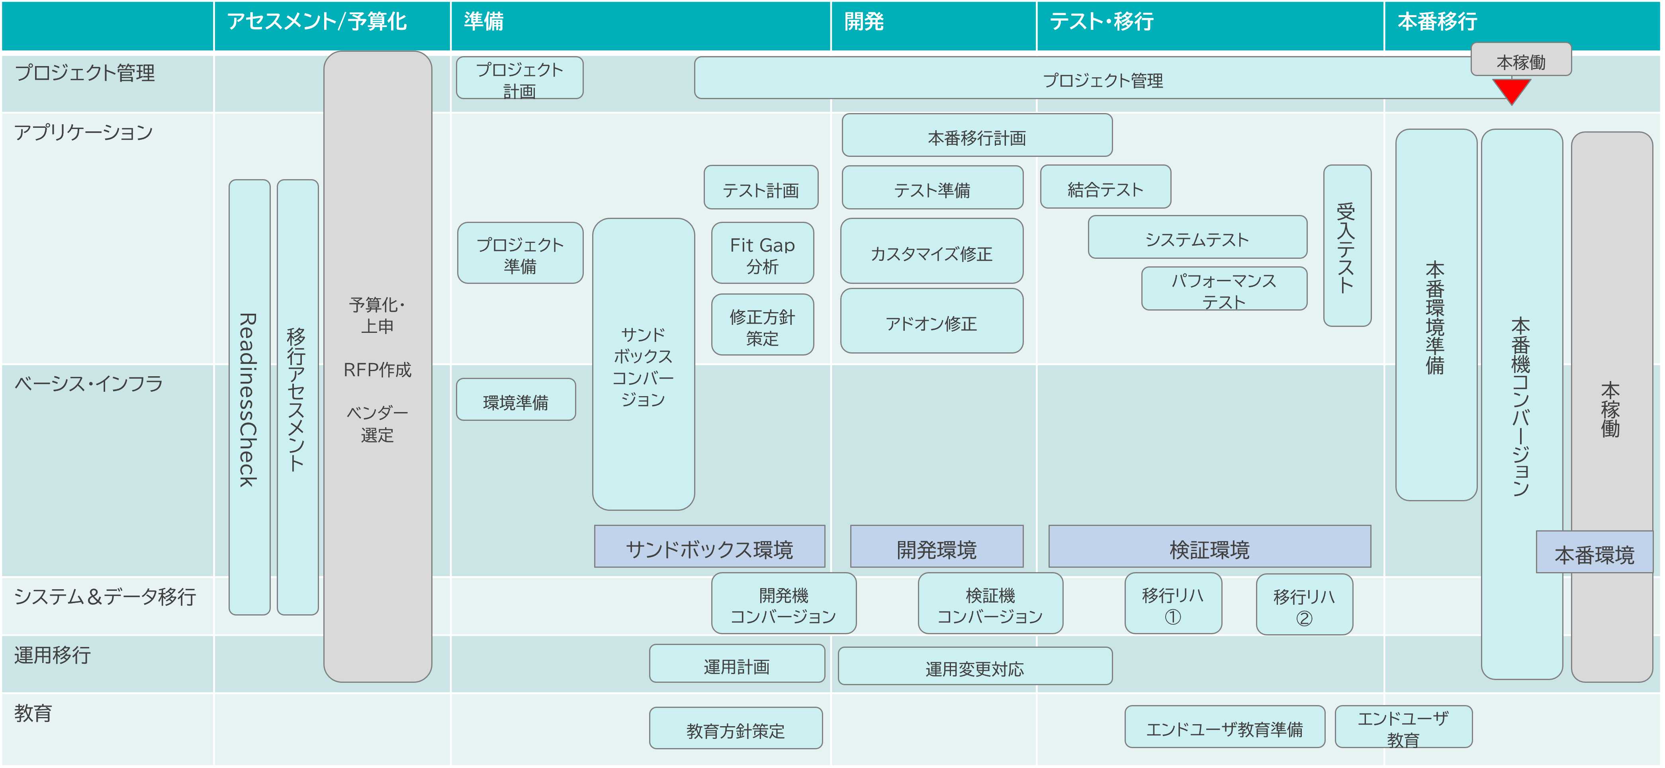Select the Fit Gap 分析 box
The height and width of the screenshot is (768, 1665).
pyautogui.click(x=762, y=254)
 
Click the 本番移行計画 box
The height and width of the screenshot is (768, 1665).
pyautogui.click(x=976, y=136)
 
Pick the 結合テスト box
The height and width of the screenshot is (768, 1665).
pyautogui.click(x=1105, y=188)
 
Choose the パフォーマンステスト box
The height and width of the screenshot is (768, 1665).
pyautogui.click(x=1223, y=289)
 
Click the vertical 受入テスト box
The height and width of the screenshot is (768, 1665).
pyautogui.click(x=1347, y=246)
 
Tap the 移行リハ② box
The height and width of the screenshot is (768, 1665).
pyautogui.click(x=1304, y=605)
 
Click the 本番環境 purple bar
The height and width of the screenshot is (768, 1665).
pyautogui.click(x=1594, y=553)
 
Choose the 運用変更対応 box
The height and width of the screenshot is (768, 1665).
pyautogui.click(x=975, y=666)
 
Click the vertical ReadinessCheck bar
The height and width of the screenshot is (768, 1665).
pyautogui.click(x=250, y=398)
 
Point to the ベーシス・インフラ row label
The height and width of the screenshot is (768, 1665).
pyautogui.click(x=88, y=383)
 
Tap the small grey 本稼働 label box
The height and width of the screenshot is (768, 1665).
pyautogui.click(x=1521, y=60)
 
